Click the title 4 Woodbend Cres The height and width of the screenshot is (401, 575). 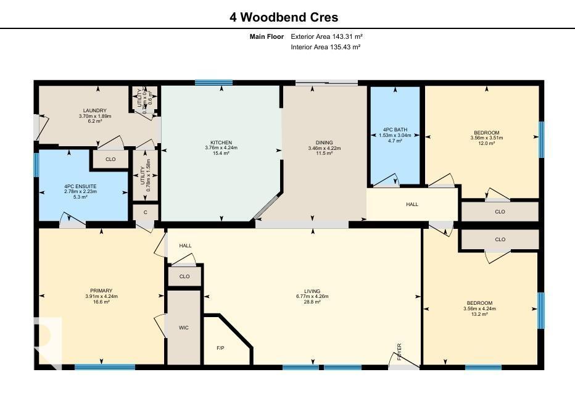[284, 17]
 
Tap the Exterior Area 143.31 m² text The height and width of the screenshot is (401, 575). [326, 36]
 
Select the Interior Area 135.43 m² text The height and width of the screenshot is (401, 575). [326, 47]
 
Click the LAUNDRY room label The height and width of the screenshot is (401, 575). [95, 110]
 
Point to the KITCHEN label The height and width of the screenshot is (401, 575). [221, 143]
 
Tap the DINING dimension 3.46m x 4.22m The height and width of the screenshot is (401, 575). [325, 148]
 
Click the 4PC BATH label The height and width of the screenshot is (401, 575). [394, 130]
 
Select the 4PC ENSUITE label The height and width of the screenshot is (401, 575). [80, 186]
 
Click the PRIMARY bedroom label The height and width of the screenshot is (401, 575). [101, 291]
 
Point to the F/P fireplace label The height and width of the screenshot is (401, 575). [220, 348]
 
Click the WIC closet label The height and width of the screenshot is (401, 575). [184, 328]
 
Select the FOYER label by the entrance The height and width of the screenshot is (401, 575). [400, 351]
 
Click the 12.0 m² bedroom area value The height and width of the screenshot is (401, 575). [487, 143]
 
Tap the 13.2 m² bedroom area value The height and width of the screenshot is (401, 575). [479, 314]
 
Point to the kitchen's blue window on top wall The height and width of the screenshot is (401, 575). [213, 82]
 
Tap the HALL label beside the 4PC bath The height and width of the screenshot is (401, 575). [412, 204]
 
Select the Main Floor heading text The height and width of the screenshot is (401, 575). [267, 36]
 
